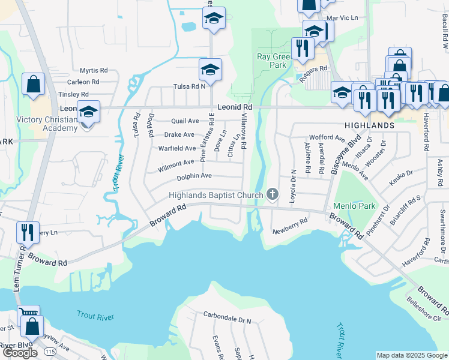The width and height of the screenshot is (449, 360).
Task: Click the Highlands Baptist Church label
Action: (x=215, y=195)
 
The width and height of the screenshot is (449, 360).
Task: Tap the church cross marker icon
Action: (x=273, y=194)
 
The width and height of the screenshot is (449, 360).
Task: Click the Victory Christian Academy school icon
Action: (x=88, y=112)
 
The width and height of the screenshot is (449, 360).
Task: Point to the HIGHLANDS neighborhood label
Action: (x=370, y=125)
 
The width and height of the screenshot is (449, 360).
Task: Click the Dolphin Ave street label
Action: (x=194, y=176)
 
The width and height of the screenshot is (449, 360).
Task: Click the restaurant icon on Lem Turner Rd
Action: (x=27, y=232)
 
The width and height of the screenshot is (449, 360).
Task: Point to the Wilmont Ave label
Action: (x=176, y=163)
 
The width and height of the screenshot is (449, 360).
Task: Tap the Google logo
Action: (x=20, y=353)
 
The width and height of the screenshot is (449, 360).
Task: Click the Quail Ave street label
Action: (x=185, y=121)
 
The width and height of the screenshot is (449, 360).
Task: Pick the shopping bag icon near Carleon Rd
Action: (x=34, y=85)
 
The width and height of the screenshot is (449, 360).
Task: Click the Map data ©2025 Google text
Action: (x=411, y=355)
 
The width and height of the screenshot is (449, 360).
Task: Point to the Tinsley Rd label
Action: (x=73, y=95)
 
